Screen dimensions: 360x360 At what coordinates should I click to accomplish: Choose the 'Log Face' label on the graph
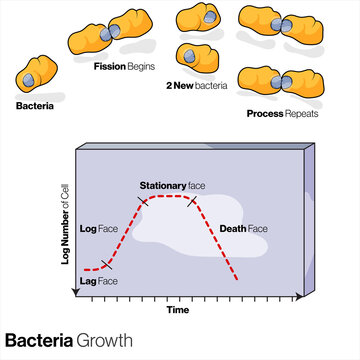click(x=99, y=226)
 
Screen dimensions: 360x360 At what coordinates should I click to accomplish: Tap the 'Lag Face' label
click(x=98, y=282)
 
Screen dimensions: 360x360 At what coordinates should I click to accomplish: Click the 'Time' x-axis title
click(x=178, y=310)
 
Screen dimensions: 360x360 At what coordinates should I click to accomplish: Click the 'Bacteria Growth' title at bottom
click(x=68, y=341)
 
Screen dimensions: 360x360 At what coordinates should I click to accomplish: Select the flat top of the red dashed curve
click(x=170, y=197)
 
